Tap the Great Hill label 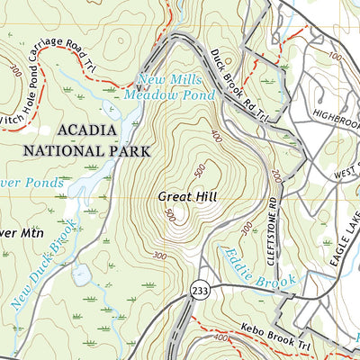click(188, 196)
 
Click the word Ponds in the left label click(45, 182)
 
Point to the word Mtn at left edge click(27, 232)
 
